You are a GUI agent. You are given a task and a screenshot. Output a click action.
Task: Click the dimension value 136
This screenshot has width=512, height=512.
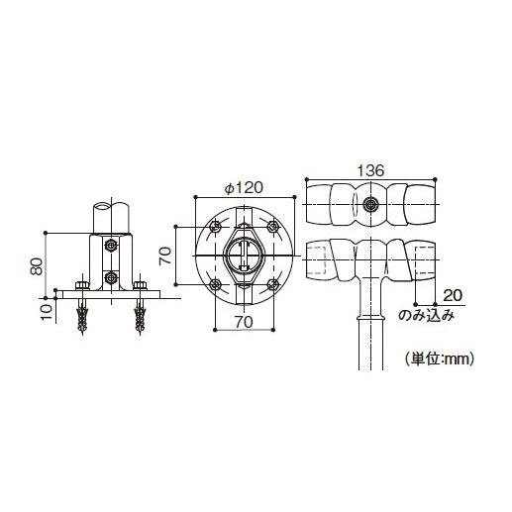click(368, 170)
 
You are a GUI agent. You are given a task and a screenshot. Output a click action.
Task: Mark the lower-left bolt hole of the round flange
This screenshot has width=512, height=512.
click(214, 285)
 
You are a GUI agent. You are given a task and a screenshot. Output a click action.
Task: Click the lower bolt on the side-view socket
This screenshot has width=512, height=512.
click(110, 277)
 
